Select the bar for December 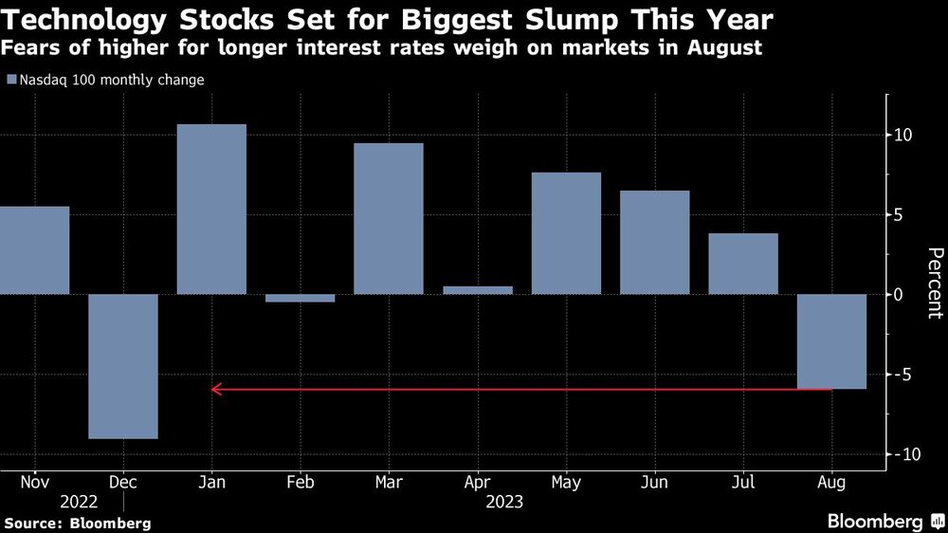point(123,366)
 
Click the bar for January point(211,209)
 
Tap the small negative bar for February point(301,298)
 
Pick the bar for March point(389,218)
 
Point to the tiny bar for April point(478,290)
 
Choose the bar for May point(566,233)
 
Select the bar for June point(655,242)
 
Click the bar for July point(743,264)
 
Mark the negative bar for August point(832,341)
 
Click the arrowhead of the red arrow point(215,389)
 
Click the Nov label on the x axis point(34,483)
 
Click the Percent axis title point(934,283)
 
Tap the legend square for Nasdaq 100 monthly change point(10,81)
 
